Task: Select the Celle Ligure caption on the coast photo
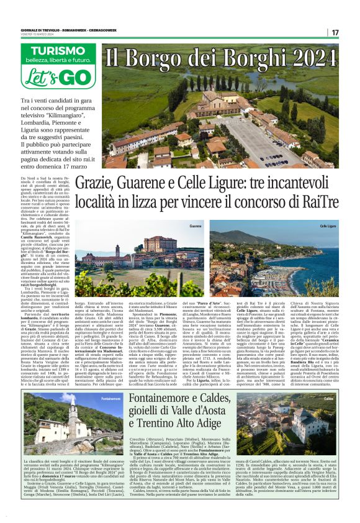click(x=327, y=226)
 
